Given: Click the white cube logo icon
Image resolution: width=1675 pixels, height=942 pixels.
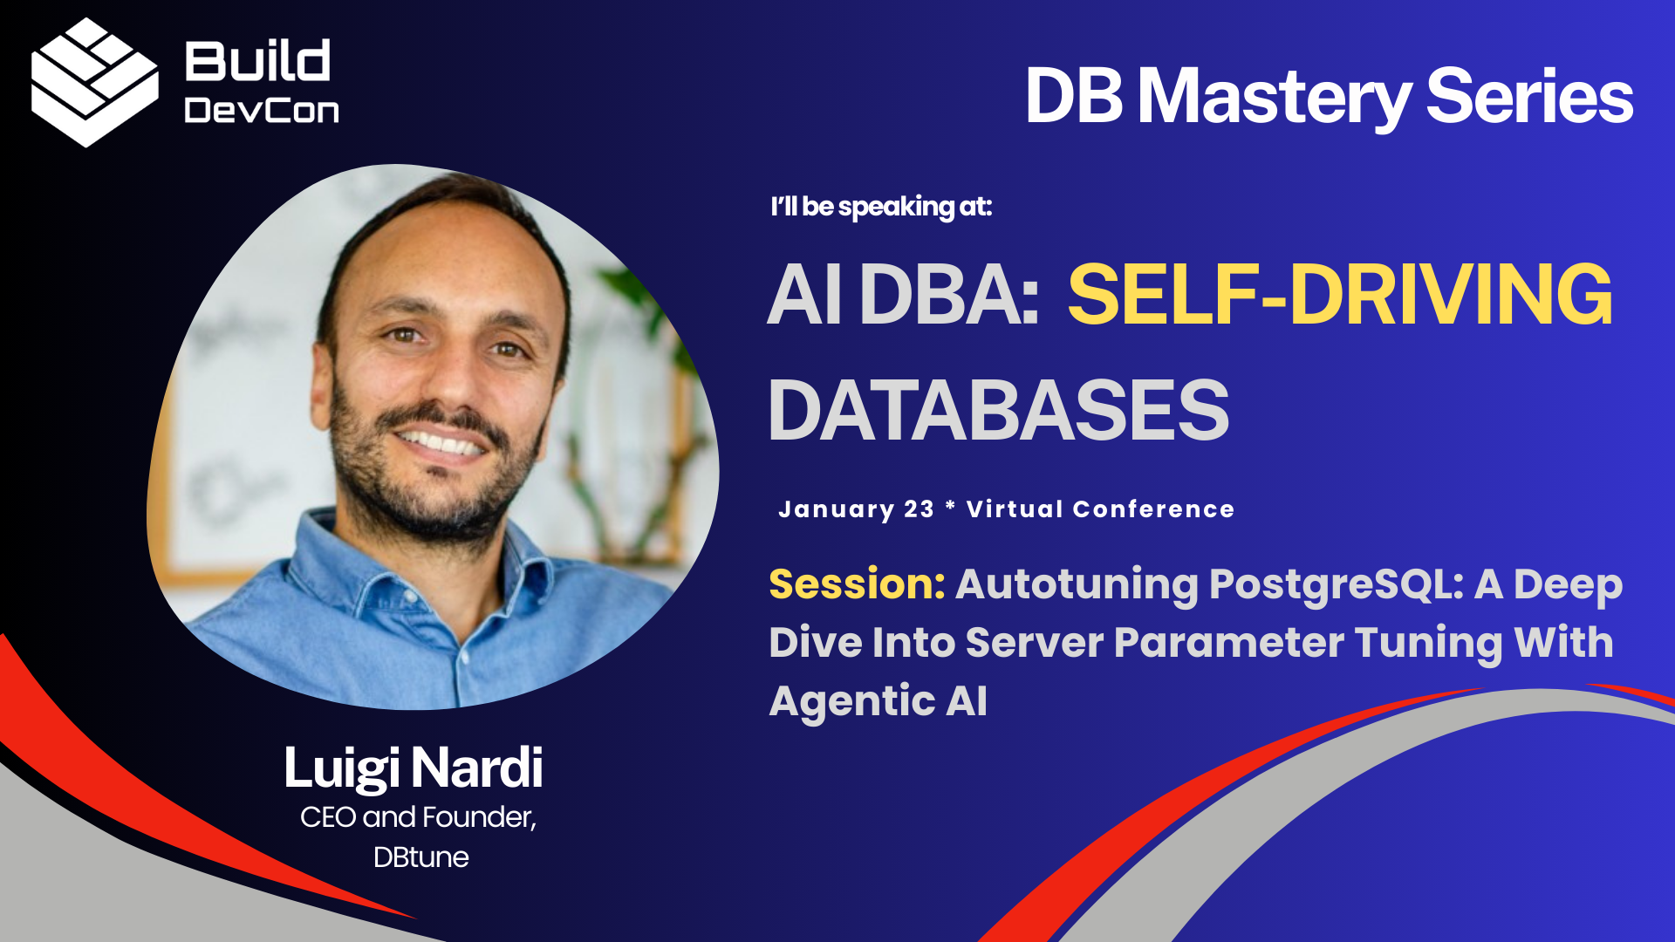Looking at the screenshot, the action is (94, 82).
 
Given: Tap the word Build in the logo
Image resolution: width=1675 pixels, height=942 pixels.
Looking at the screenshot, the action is (257, 61).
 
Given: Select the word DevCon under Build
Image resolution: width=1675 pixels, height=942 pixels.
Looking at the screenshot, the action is (262, 111).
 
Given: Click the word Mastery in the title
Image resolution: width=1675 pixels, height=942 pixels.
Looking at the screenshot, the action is (1275, 98).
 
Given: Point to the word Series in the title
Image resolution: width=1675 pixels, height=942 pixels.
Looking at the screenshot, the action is (1530, 96).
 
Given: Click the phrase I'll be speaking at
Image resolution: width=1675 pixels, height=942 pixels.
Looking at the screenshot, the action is (881, 208).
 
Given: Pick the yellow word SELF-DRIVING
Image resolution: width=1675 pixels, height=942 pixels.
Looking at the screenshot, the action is (1340, 295).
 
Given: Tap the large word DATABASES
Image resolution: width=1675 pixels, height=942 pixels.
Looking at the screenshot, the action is (999, 410).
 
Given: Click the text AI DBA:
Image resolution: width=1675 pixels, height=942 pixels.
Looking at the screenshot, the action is (904, 295).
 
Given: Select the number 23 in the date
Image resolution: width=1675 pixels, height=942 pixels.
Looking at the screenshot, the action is (919, 509).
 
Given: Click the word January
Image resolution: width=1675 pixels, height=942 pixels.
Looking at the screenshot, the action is (836, 509).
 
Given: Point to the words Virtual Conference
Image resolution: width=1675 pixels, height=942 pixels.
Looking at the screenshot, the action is (1101, 509).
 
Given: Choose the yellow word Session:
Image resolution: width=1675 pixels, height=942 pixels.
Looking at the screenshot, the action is (857, 584).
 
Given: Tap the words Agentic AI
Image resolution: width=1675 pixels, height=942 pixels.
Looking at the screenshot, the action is (879, 701).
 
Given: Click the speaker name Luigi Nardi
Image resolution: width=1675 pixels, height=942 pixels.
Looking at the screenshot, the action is (414, 768).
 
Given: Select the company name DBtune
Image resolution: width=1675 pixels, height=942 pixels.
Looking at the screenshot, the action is (421, 857).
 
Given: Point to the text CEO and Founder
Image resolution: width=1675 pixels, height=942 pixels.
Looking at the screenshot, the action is (418, 817).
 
